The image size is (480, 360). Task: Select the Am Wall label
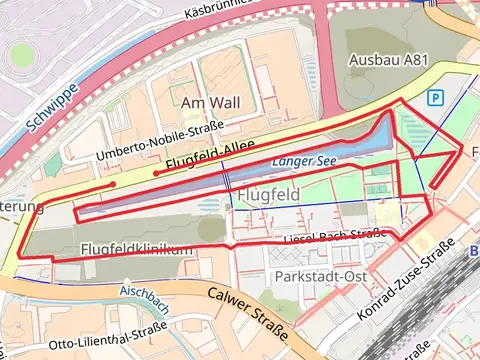(x=218, y=102)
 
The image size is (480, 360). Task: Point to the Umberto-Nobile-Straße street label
(x=160, y=141)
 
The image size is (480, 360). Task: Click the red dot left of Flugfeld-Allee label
(x=156, y=173)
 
